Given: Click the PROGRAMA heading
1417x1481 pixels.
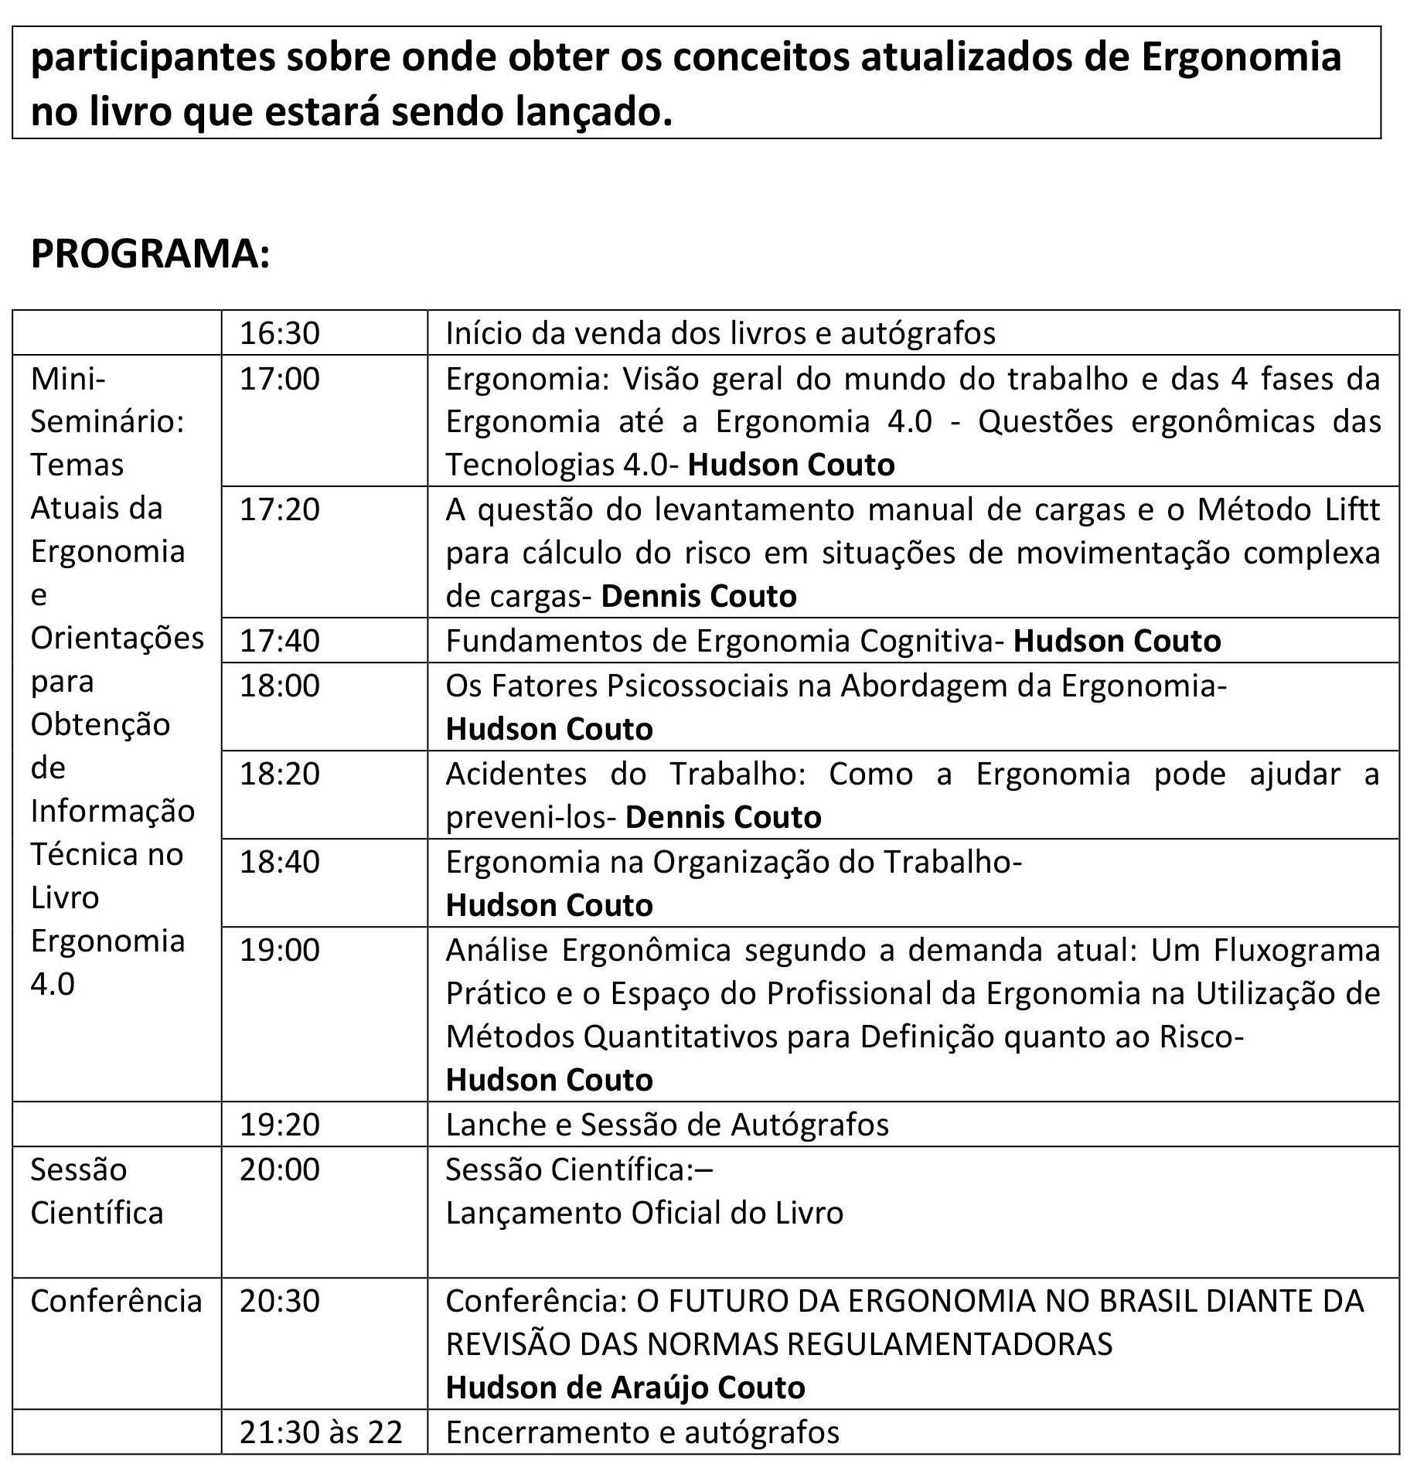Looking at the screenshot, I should point(151,254).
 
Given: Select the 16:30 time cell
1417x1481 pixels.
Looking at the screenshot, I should point(279,333).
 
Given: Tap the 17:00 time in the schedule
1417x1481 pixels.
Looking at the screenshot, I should point(279,379).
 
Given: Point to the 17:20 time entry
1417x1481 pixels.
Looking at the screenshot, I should point(279,509).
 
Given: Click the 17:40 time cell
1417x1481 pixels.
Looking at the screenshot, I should point(279,641).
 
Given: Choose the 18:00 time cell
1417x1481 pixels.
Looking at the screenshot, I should point(279,686).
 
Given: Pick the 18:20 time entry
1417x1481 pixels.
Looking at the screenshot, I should point(279,774).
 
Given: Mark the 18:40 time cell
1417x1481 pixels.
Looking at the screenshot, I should point(279,862).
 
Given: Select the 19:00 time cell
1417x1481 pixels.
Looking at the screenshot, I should point(279,950).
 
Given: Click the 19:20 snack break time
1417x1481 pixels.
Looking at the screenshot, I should point(279,1125).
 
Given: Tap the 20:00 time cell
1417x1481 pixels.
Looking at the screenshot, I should point(279,1169).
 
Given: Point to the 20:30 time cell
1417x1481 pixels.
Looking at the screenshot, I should point(279,1301).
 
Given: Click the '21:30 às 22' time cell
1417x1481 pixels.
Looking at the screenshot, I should point(321,1432).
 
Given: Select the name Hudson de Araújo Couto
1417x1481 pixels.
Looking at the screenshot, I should point(625,1387).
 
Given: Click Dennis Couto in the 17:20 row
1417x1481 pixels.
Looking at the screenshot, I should point(699,596).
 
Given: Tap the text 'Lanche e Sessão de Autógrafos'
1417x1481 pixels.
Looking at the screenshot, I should point(667,1125).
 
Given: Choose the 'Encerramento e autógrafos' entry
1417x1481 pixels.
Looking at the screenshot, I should point(642,1432).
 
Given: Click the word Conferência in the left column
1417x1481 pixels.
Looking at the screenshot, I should point(116,1301).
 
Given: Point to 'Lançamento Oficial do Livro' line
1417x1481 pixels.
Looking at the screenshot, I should point(644,1213).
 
